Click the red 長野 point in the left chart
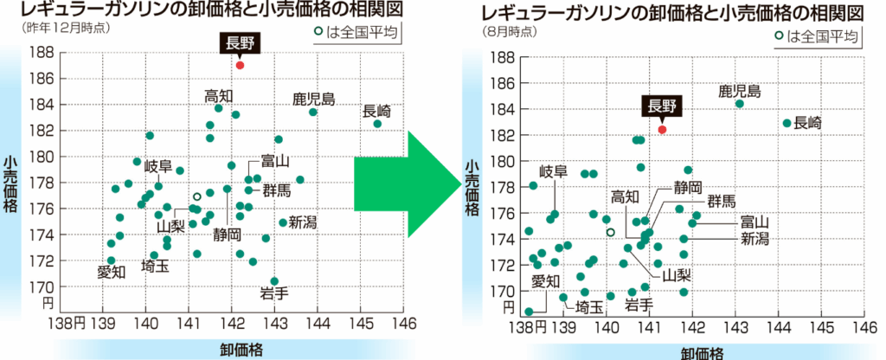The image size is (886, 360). [240, 65]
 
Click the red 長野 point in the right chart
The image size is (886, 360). [662, 129]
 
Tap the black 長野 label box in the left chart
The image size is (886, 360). [240, 43]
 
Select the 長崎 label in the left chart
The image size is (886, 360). [376, 110]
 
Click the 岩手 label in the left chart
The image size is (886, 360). [274, 294]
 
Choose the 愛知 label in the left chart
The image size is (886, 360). [112, 272]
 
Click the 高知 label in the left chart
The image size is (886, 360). [220, 95]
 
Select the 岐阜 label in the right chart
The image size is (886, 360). [553, 170]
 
